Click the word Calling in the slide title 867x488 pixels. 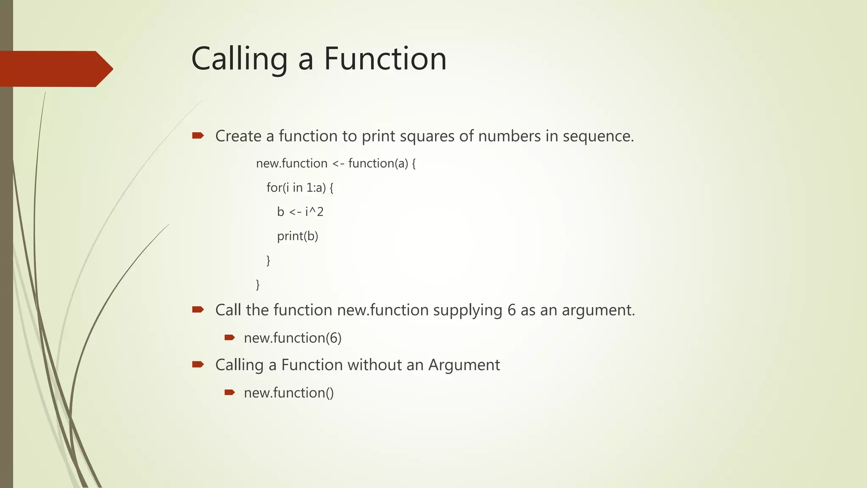click(239, 59)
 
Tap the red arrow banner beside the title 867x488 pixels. click(55, 69)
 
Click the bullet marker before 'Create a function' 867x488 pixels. click(198, 136)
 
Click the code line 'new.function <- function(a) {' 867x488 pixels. click(336, 164)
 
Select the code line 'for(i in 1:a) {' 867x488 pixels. click(300, 188)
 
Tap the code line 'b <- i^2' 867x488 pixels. click(300, 211)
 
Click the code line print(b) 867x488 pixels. click(297, 236)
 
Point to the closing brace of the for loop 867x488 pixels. click(268, 260)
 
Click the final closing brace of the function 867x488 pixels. click(258, 284)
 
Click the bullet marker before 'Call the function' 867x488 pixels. click(198, 310)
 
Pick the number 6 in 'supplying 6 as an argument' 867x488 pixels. click(511, 310)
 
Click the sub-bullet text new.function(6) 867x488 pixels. click(293, 338)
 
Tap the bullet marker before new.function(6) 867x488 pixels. click(229, 338)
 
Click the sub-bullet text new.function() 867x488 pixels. click(289, 393)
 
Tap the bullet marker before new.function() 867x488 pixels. click(229, 393)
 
